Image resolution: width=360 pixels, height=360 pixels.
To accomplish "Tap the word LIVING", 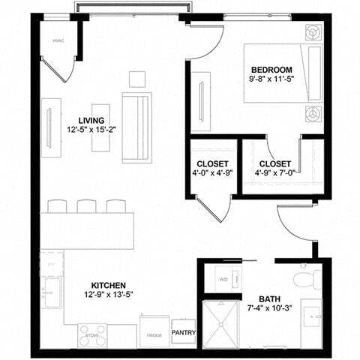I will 91,121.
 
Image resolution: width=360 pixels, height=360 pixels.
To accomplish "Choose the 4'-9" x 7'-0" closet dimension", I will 274,173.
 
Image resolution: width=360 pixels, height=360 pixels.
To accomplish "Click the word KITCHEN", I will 109,286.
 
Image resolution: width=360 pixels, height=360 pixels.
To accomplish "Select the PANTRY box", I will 184,332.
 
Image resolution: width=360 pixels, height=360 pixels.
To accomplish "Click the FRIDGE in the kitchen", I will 154,333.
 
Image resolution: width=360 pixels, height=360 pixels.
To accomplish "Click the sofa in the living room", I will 136,127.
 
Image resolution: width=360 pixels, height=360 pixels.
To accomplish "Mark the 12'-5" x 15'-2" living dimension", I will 91,130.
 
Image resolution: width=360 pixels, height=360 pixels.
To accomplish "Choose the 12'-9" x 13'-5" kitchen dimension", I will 109,295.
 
